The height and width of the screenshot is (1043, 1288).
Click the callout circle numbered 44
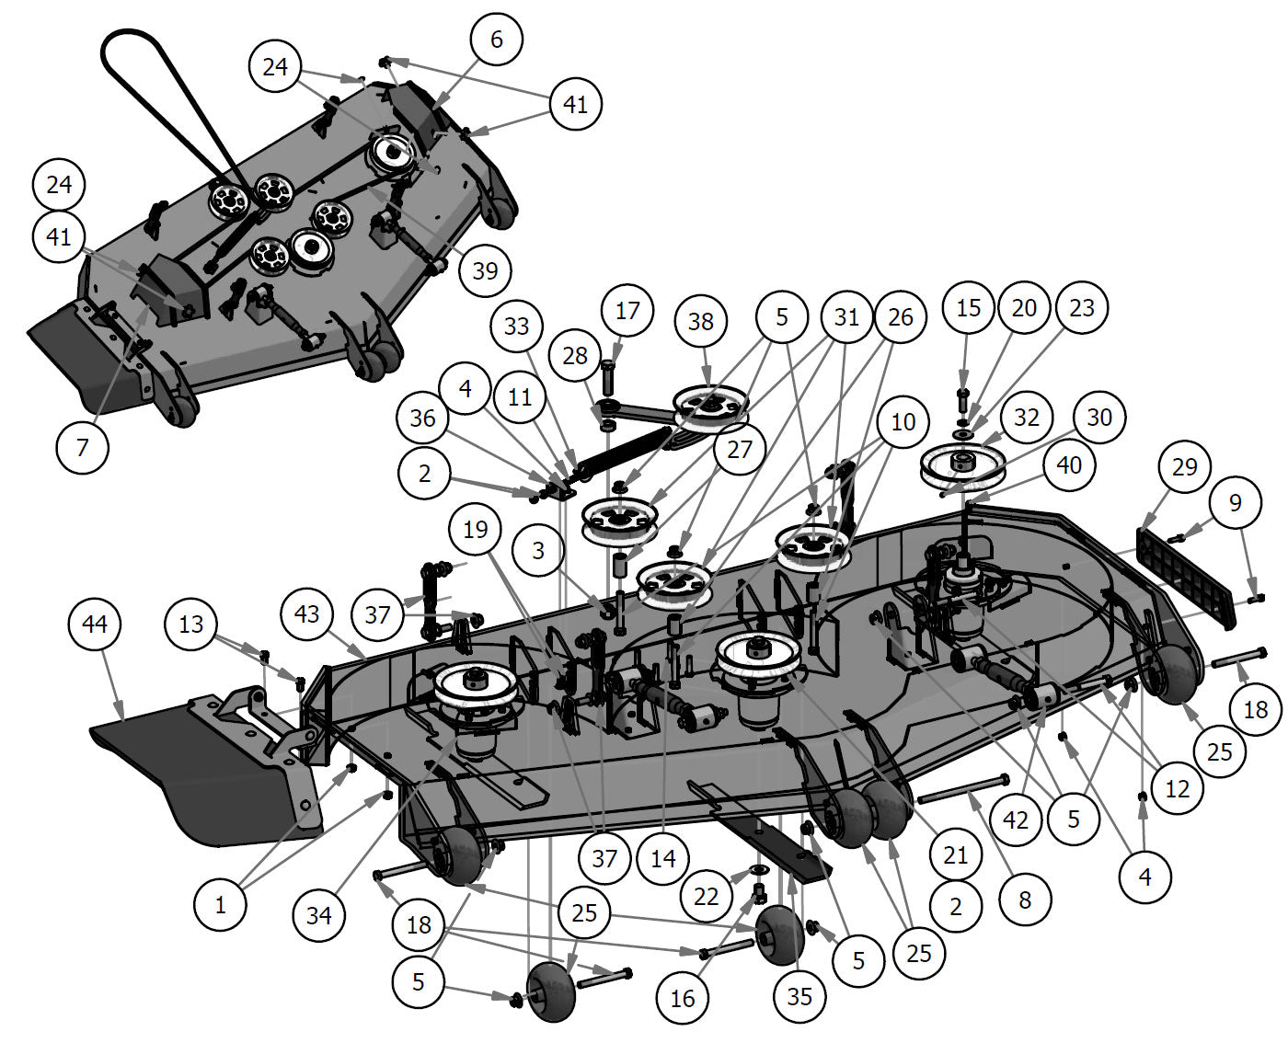click(x=95, y=625)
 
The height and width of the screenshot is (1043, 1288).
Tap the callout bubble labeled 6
click(x=497, y=40)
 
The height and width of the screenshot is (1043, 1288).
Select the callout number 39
click(x=484, y=270)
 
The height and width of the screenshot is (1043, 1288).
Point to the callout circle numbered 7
click(x=83, y=448)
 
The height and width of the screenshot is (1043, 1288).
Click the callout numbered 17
click(x=627, y=311)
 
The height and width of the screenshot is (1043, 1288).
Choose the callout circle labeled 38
click(x=701, y=321)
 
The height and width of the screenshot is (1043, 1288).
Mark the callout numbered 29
click(x=1184, y=467)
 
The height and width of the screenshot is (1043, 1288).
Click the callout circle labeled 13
click(x=191, y=625)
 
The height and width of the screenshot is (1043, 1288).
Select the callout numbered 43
click(x=307, y=613)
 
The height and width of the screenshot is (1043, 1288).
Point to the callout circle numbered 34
click(x=319, y=914)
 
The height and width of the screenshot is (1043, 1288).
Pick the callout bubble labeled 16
click(x=683, y=998)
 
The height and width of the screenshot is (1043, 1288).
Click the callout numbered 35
click(x=799, y=996)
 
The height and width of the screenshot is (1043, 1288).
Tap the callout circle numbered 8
click(x=1024, y=900)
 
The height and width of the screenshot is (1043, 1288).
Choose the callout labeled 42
click(x=1016, y=819)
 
